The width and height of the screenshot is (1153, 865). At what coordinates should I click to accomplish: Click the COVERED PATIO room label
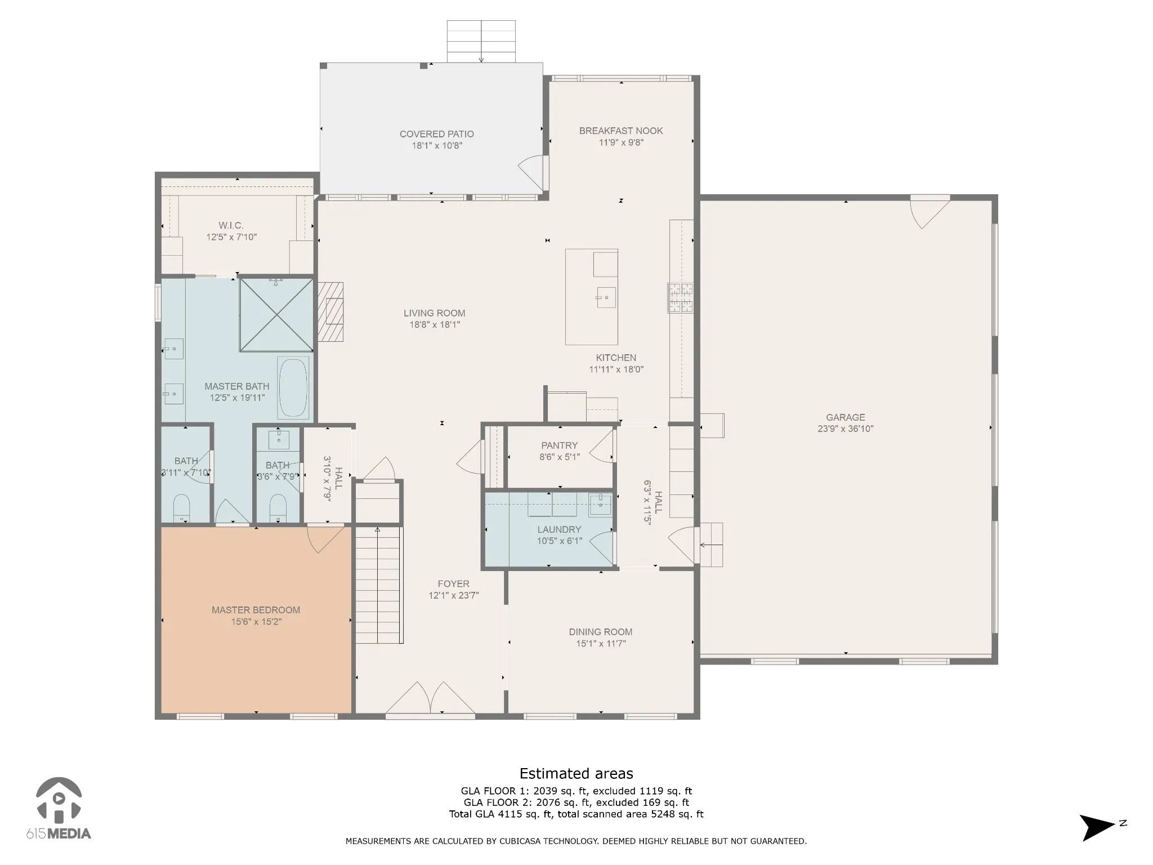click(437, 134)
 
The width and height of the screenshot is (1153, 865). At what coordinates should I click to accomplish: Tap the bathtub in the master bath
click(293, 387)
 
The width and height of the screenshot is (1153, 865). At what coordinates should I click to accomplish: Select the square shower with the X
click(276, 315)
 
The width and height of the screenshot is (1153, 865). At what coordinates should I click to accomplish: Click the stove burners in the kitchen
click(681, 297)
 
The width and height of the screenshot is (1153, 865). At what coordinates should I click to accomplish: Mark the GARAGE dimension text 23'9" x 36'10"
click(846, 429)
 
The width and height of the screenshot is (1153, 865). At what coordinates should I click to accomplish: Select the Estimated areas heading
click(576, 773)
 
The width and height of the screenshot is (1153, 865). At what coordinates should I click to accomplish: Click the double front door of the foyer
click(431, 698)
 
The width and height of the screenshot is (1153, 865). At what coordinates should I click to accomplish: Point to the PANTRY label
click(560, 445)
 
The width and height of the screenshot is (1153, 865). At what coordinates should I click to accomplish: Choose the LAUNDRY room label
click(559, 529)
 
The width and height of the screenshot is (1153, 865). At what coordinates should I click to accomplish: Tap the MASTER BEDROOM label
click(256, 610)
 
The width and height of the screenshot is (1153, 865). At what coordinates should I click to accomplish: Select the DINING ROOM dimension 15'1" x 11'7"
click(601, 644)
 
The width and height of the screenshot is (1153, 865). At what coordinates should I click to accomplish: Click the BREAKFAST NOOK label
click(621, 131)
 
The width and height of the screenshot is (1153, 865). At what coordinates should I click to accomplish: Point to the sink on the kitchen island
click(606, 297)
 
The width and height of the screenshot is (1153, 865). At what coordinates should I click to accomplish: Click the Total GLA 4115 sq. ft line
click(576, 814)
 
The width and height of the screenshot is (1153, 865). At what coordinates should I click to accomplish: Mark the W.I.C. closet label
click(231, 225)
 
